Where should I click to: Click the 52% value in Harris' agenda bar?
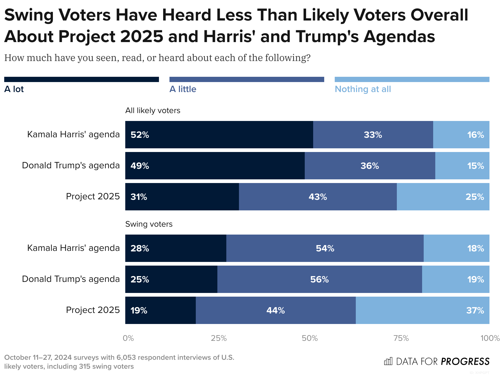(140, 135)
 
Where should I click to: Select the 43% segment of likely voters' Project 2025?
(318, 197)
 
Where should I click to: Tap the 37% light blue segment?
(422, 311)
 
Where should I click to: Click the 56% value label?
(319, 280)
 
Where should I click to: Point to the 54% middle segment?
(325, 249)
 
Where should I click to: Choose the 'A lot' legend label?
(14, 89)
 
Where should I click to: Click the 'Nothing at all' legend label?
(363, 89)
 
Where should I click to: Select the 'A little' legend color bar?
(247, 79)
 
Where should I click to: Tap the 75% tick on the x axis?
(401, 338)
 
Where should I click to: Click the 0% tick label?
(128, 338)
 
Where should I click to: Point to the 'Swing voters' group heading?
(149, 224)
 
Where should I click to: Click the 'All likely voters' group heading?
(153, 110)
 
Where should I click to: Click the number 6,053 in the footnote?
(127, 358)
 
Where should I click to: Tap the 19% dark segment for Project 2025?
(161, 311)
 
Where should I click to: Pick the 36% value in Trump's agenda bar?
(369, 166)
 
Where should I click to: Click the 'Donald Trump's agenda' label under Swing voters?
(71, 279)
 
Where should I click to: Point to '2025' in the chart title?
(142, 36)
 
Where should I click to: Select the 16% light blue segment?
(461, 135)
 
